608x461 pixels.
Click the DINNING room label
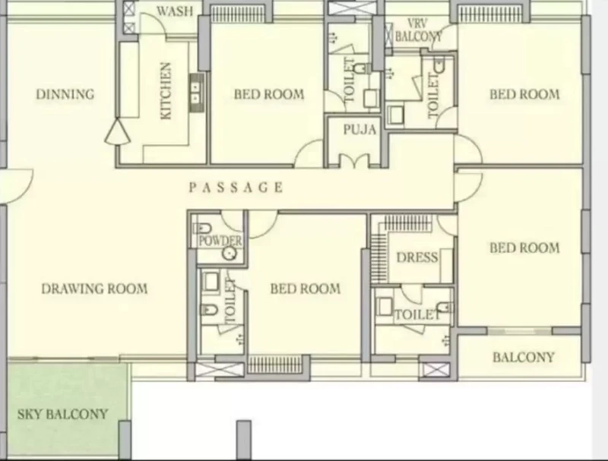point(65,94)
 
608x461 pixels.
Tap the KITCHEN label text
point(166,91)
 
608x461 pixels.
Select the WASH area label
point(175,11)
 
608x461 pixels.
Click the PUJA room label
point(359,129)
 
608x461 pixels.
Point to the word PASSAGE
point(236,188)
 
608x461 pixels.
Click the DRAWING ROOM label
point(94,289)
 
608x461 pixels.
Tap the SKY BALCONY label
point(62,414)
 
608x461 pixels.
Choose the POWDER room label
point(220,241)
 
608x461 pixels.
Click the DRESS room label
point(417,257)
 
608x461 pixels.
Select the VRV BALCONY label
point(418,30)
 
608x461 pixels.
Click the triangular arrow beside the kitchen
point(117,132)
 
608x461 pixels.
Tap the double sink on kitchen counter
point(196,93)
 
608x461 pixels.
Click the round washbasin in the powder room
point(230,254)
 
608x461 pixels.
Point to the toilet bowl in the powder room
point(202,228)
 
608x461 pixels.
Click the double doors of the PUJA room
point(354,160)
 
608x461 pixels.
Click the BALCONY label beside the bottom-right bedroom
point(524,357)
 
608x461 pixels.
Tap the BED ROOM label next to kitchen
point(269,94)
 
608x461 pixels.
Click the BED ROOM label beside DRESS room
point(524,248)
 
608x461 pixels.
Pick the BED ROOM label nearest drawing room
point(306,289)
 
